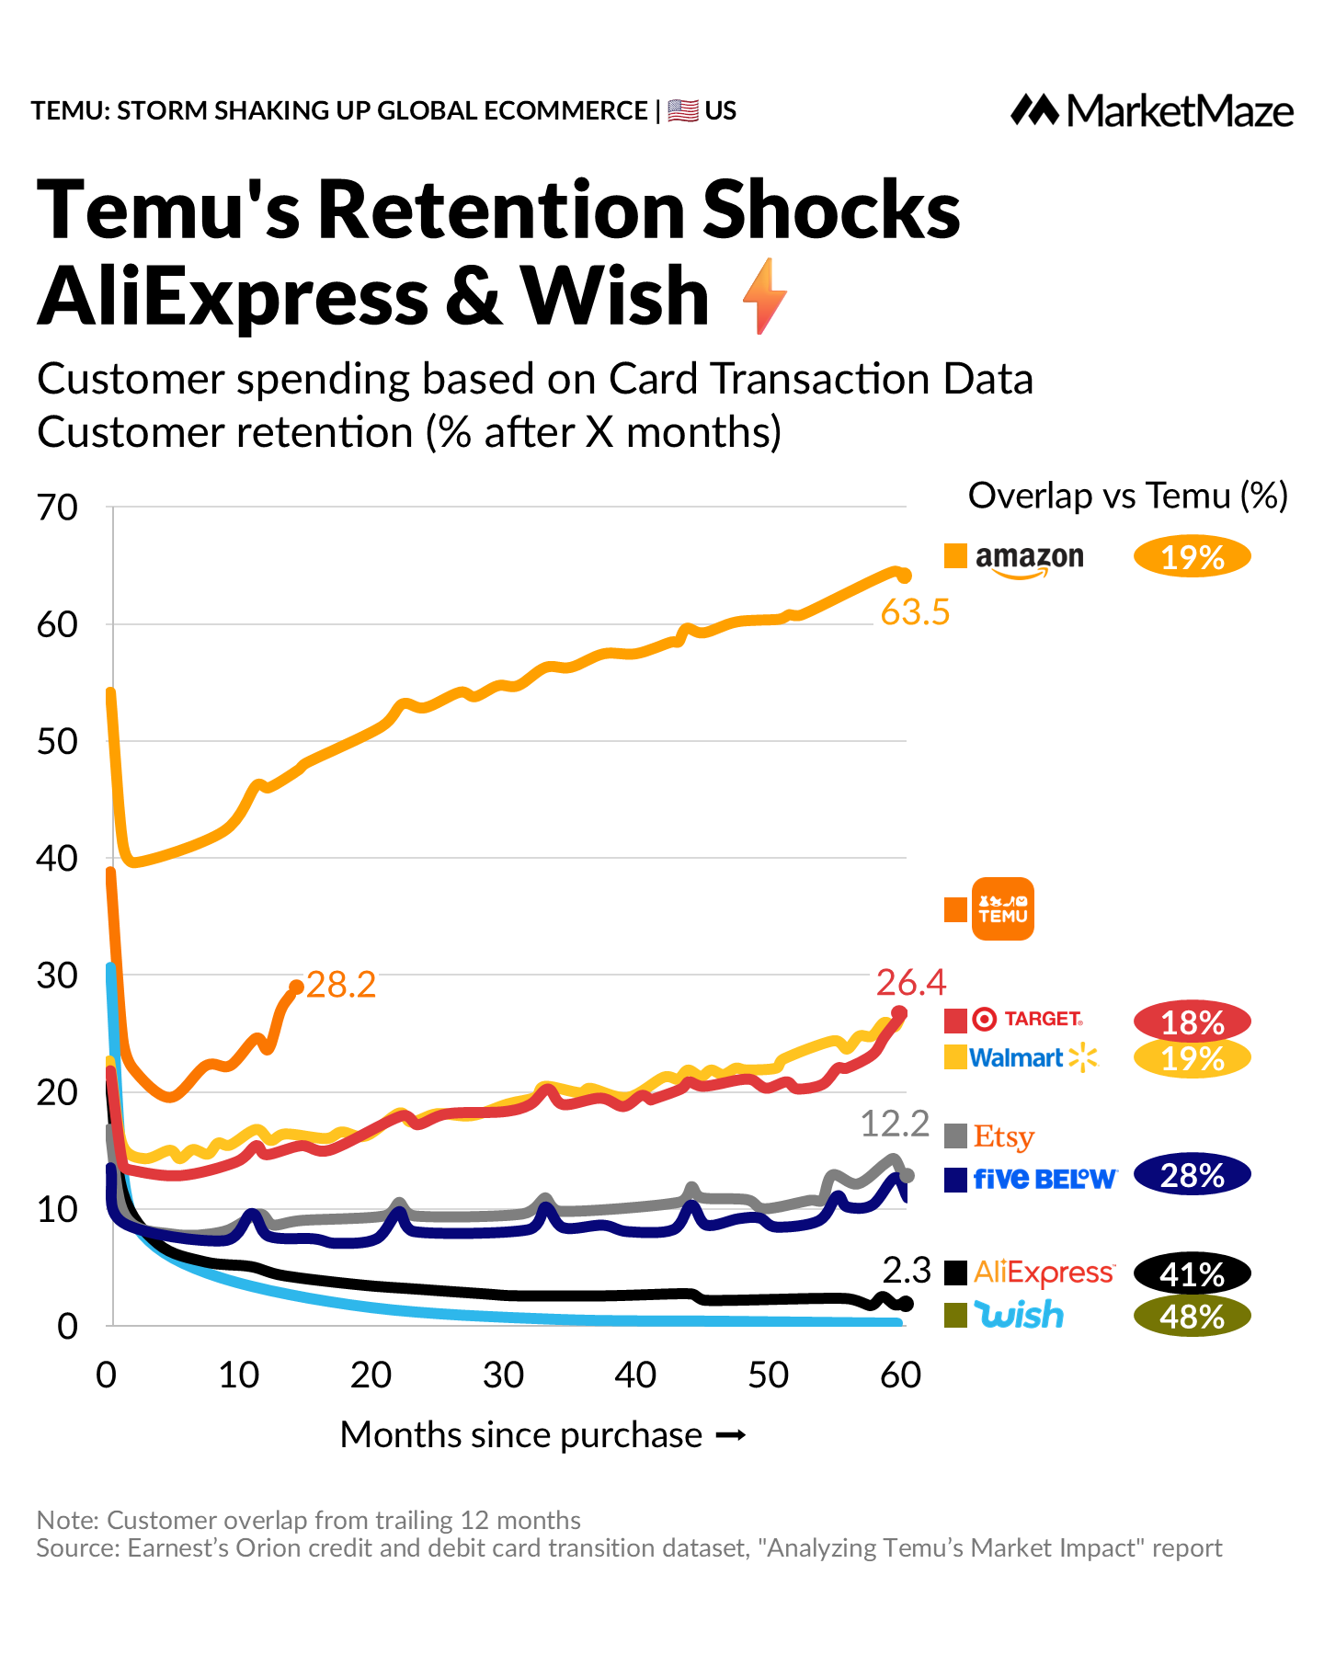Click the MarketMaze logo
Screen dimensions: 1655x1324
(x=1152, y=111)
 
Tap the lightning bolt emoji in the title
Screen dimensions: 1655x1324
(x=764, y=296)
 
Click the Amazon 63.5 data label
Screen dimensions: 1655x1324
(x=914, y=612)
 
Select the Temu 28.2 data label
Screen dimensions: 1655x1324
(x=341, y=985)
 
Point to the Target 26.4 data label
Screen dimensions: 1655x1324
(x=910, y=983)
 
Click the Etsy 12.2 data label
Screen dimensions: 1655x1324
(x=895, y=1124)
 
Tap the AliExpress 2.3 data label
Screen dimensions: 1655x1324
(x=907, y=1271)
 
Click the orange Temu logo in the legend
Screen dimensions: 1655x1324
(x=1002, y=909)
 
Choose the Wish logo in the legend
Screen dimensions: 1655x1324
(x=1019, y=1315)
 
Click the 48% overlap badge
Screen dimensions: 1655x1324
(x=1193, y=1317)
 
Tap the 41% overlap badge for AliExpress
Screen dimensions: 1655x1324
(x=1193, y=1274)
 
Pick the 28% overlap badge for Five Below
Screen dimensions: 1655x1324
(x=1193, y=1176)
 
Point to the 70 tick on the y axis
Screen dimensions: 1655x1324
(x=57, y=508)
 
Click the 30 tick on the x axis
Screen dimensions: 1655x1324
(x=503, y=1375)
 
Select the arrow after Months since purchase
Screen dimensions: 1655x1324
(x=730, y=1435)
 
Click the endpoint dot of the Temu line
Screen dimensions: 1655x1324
(x=296, y=987)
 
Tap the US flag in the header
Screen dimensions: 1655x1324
(x=683, y=111)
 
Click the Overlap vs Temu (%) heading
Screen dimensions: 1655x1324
(x=1127, y=496)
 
